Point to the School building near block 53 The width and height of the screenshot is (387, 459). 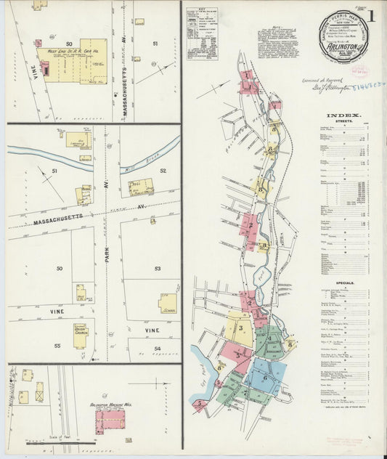pyautogui.click(x=168, y=304)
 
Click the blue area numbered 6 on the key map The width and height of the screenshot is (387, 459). pyautogui.click(x=266, y=378)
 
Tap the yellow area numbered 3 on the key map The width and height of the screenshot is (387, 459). pyautogui.click(x=240, y=328)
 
